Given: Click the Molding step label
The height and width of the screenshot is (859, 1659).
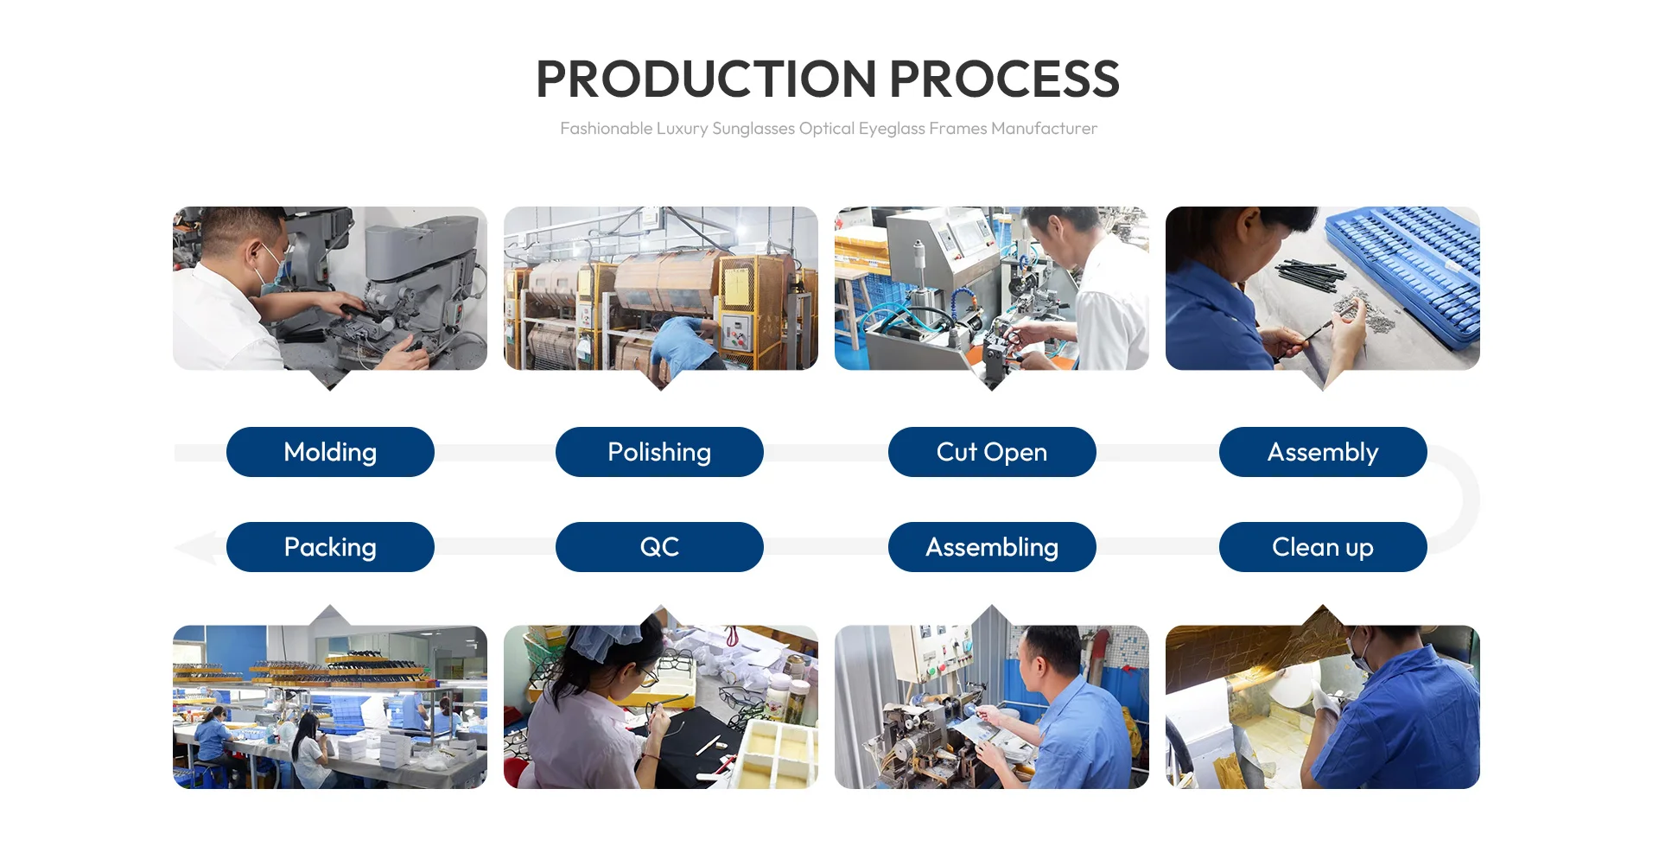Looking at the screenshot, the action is pos(330,452).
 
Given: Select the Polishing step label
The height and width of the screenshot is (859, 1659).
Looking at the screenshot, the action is pos(659,452).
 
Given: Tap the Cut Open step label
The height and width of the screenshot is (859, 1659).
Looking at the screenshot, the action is pos(992,452).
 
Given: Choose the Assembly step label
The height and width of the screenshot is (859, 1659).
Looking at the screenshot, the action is pos(1323,452).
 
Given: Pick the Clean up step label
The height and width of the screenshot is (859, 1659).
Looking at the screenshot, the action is pos(1323,547).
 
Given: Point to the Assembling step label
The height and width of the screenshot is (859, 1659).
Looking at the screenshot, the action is pos(992,547).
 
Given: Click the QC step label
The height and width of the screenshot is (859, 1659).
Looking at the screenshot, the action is pos(659,547).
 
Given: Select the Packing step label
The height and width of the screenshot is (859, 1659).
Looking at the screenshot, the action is pos(330,547).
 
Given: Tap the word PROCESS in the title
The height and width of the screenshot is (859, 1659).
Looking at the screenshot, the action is pos(1005,80).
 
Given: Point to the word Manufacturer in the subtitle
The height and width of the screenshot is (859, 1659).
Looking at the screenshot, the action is pos(1044,129).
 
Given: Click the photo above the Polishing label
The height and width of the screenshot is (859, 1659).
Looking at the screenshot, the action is pos(661,289).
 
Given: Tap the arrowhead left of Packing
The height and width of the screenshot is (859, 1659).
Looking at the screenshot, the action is pos(197,548).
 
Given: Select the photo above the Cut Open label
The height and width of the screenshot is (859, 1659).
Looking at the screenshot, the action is pos(992,289).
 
